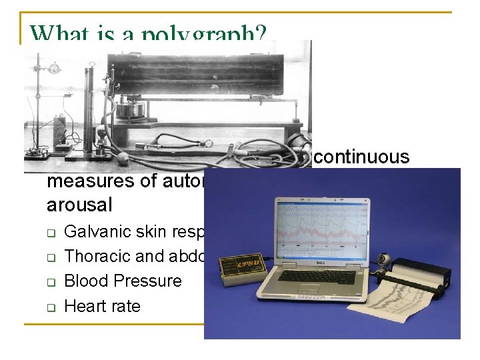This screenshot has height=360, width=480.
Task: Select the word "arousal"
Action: (x=79, y=204)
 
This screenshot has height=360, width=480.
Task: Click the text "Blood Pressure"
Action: (x=123, y=281)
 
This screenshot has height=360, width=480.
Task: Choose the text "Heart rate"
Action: (x=102, y=306)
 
